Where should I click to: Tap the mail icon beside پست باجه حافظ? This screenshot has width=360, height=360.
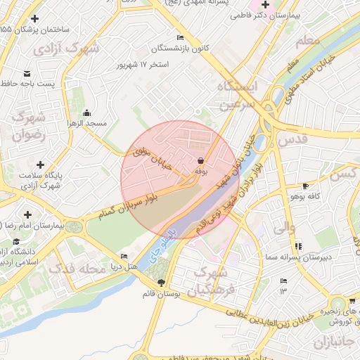point(27,74)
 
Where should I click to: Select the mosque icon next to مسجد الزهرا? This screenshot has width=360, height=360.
point(86,113)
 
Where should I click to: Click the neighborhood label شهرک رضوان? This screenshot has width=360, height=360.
point(28,124)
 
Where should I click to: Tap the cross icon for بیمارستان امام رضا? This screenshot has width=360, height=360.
point(27,214)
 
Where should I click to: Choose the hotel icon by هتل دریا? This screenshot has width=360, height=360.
point(124,256)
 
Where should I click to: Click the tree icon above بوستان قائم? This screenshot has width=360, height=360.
point(162,283)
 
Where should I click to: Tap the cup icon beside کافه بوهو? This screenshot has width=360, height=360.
point(304,186)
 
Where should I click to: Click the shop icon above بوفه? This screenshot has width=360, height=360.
point(202,160)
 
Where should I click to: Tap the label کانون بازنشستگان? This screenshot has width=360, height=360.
point(179,49)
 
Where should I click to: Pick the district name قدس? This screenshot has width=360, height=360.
point(292,140)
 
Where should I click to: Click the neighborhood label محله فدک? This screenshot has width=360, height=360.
point(78,268)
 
